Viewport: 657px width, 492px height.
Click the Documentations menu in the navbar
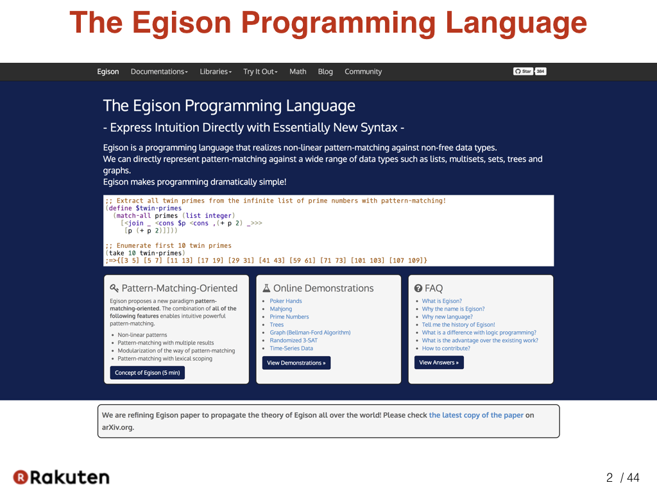pyautogui.click(x=159, y=72)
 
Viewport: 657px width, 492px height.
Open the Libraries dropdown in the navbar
pyautogui.click(x=216, y=72)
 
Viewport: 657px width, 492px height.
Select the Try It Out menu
pyautogui.click(x=260, y=72)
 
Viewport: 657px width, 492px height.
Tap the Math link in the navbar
pyautogui.click(x=298, y=72)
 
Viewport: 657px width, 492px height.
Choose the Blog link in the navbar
pyautogui.click(x=325, y=72)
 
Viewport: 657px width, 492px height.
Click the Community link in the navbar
pyautogui.click(x=363, y=72)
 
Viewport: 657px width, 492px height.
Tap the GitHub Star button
pyautogui.click(x=523, y=72)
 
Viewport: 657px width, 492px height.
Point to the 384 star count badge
pyautogui.click(x=540, y=72)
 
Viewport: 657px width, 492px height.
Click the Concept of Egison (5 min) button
pyautogui.click(x=148, y=373)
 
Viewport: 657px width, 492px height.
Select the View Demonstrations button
pyautogui.click(x=296, y=363)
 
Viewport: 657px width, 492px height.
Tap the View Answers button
pyautogui.click(x=439, y=363)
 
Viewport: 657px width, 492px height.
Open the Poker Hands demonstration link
pyautogui.click(x=286, y=301)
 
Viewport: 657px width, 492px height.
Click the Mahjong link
pyautogui.click(x=281, y=309)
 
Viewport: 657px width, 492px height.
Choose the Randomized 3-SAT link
pyautogui.click(x=294, y=341)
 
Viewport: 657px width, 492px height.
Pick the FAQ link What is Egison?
pyautogui.click(x=441, y=301)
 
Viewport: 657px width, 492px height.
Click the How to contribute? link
pyautogui.click(x=446, y=348)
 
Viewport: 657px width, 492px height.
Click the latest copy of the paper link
pyautogui.click(x=476, y=415)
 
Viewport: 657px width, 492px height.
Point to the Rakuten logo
pyautogui.click(x=61, y=477)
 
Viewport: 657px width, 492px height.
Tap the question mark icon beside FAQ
pyautogui.click(x=418, y=288)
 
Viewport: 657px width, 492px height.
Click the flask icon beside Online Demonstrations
pyautogui.click(x=266, y=288)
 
